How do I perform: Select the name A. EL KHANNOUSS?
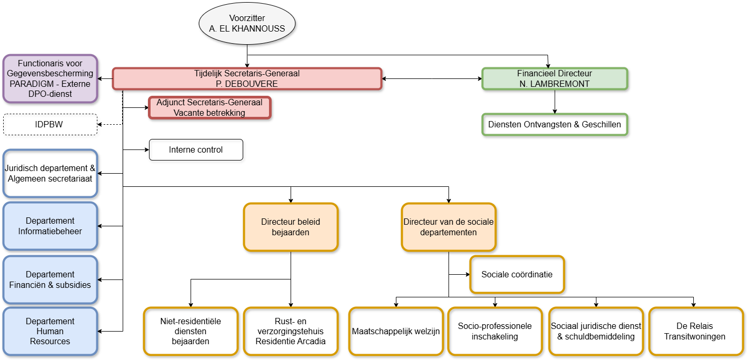coord(247,29)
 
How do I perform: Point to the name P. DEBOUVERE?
coord(247,84)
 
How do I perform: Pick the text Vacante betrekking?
coord(210,113)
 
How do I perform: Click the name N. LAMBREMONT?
coord(554,84)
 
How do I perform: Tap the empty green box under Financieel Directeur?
coord(554,125)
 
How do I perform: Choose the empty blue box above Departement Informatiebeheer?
coord(50,173)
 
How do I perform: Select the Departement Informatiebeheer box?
coord(50,226)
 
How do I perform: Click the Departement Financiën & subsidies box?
coord(50,279)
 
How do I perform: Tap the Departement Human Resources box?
coord(50,331)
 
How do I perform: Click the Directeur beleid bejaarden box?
coord(291,227)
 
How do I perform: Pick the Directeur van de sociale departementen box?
coord(449,227)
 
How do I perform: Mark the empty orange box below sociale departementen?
coord(517,274)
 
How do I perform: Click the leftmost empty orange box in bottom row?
coord(191,331)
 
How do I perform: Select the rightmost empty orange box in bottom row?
coord(696,331)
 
